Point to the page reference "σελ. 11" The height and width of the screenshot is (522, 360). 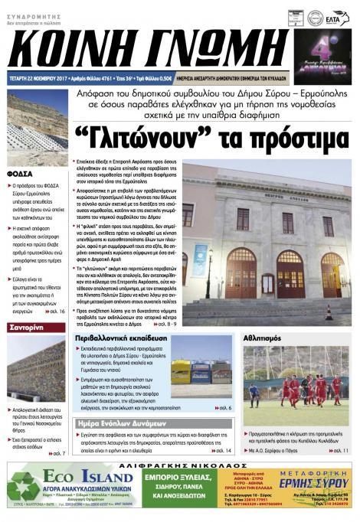[x=341, y=452]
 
